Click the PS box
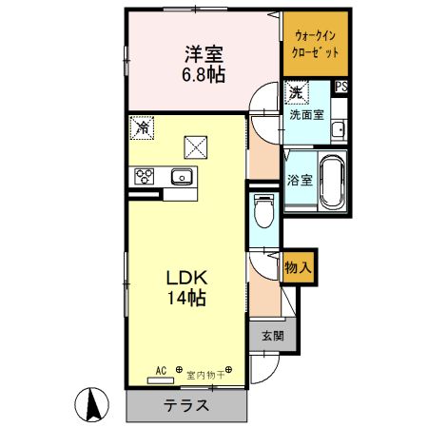(340, 86)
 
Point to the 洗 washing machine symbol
(296, 93)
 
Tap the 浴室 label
(299, 179)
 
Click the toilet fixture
(265, 208)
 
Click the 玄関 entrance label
(271, 335)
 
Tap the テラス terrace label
(187, 405)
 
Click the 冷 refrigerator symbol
(143, 126)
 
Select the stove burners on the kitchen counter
(146, 175)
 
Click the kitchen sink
(181, 176)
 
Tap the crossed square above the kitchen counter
(196, 146)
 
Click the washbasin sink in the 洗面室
(337, 128)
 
